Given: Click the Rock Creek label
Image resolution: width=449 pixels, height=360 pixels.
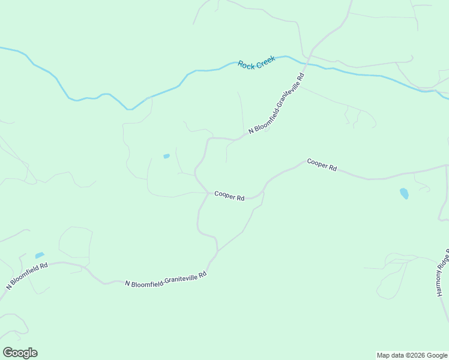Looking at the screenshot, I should pos(256,62).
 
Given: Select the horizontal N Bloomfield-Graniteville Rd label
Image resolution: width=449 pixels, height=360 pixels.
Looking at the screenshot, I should pos(166,278).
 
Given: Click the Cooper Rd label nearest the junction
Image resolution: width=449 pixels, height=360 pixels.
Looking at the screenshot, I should pos(229,196).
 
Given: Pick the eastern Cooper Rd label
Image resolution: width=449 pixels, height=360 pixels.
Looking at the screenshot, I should pos(322,165).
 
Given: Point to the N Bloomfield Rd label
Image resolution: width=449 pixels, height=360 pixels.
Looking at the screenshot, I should pos(28,275).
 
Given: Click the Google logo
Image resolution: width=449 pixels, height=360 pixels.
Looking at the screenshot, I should pos(20,353).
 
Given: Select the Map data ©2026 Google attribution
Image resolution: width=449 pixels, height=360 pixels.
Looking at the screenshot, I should pos(412,355).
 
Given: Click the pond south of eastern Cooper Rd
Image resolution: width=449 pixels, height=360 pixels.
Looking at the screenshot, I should pos(404,193).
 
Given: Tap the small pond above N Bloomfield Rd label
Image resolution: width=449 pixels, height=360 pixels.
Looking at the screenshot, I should pos(40,255).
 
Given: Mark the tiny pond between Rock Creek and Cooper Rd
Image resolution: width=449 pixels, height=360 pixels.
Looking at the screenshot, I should pos(166,156).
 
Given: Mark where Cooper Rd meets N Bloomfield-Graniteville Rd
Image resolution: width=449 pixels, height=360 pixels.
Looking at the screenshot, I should pos(208,193).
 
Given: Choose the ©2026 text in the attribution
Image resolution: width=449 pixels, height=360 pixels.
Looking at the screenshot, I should pos(415,355).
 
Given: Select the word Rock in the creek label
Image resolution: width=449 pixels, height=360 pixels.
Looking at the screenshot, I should pos(246,65).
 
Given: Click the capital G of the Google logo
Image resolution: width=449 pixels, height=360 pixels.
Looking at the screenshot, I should pos(8,353).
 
